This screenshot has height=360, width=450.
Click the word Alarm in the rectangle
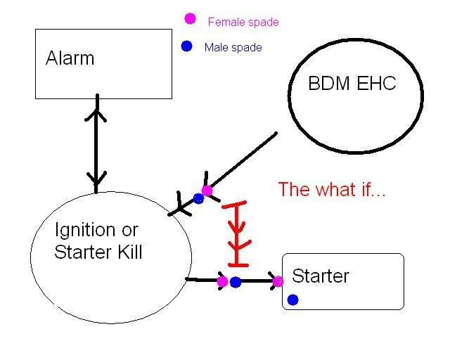click(70, 58)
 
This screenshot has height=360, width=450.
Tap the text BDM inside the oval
click(329, 83)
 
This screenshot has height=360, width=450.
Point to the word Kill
click(130, 252)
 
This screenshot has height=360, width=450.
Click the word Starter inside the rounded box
click(321, 276)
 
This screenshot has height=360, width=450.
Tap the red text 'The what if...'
click(332, 189)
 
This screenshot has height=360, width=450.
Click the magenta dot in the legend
click(190, 19)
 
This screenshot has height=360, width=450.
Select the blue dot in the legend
click(187, 46)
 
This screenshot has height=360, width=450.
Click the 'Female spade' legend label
click(243, 22)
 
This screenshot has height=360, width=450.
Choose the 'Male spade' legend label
click(233, 47)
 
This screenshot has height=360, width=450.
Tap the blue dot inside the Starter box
click(292, 300)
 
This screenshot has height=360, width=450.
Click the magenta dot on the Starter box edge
click(278, 282)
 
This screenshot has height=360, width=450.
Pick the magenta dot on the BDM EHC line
click(207, 191)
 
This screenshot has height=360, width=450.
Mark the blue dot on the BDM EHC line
click(198, 198)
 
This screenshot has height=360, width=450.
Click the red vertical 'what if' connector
click(237, 233)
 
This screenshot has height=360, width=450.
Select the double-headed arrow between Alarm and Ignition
click(96, 143)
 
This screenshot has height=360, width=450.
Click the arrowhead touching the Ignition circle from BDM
click(181, 205)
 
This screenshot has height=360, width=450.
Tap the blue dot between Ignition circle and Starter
click(236, 282)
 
